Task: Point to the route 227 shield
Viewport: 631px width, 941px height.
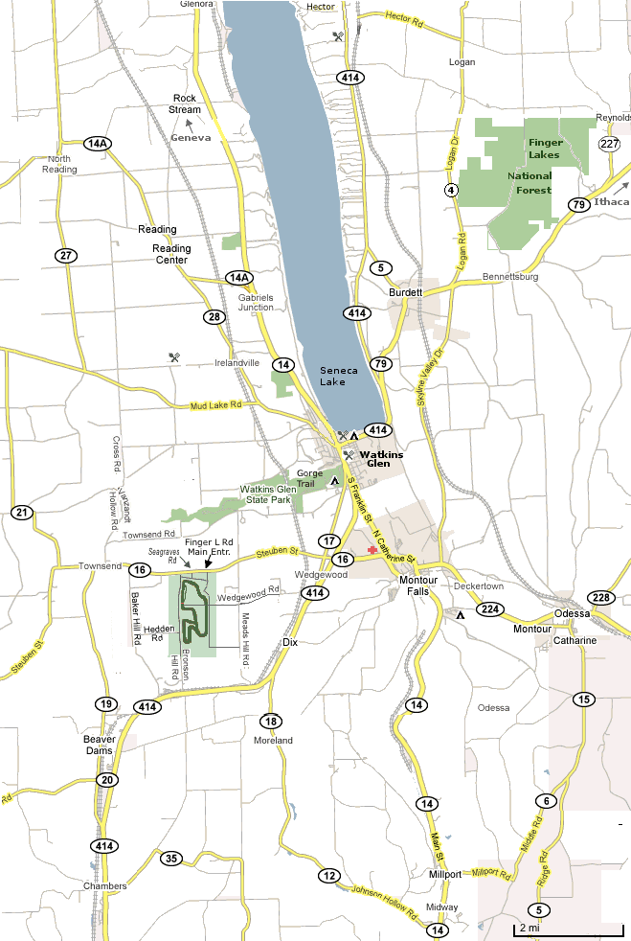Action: pyautogui.click(x=609, y=144)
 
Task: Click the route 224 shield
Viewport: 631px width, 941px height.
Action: pyautogui.click(x=491, y=609)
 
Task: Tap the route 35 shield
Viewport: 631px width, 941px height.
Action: pyautogui.click(x=171, y=858)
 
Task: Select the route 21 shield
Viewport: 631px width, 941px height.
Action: pyautogui.click(x=22, y=513)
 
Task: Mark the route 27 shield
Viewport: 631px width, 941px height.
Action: pyautogui.click(x=65, y=255)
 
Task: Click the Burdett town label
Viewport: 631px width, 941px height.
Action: pyautogui.click(x=405, y=292)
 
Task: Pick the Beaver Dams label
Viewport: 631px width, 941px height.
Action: pyautogui.click(x=100, y=745)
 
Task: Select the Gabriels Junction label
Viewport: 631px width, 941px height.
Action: pyautogui.click(x=256, y=301)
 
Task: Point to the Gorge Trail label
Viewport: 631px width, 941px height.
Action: pyautogui.click(x=310, y=478)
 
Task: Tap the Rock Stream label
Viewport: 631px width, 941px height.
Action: pyautogui.click(x=186, y=103)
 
